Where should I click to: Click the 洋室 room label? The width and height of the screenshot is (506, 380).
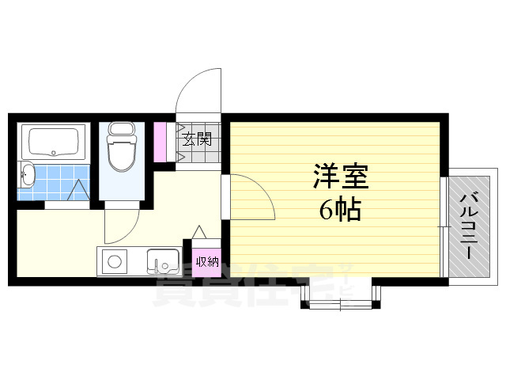[x=341, y=176]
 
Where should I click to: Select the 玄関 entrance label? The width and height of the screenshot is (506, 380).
[x=197, y=139]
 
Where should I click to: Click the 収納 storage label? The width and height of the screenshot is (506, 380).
[x=207, y=261]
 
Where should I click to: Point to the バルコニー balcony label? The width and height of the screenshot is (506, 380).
[x=470, y=226]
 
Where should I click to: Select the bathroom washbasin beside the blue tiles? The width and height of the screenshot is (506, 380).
[x=27, y=174]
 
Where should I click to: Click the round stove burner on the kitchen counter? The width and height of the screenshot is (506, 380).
[x=114, y=261]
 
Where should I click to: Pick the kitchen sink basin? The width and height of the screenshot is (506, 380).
[x=163, y=261]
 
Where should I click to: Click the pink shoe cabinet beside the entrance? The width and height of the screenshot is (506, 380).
[x=160, y=142]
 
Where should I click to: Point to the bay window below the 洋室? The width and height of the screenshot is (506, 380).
[x=341, y=296]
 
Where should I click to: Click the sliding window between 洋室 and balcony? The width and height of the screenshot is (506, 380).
[x=444, y=226]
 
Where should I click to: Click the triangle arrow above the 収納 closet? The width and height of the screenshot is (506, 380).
[x=199, y=232]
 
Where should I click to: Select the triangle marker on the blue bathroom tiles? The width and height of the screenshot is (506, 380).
[x=78, y=190]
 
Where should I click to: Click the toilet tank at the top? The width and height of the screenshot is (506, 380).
[x=121, y=128]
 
